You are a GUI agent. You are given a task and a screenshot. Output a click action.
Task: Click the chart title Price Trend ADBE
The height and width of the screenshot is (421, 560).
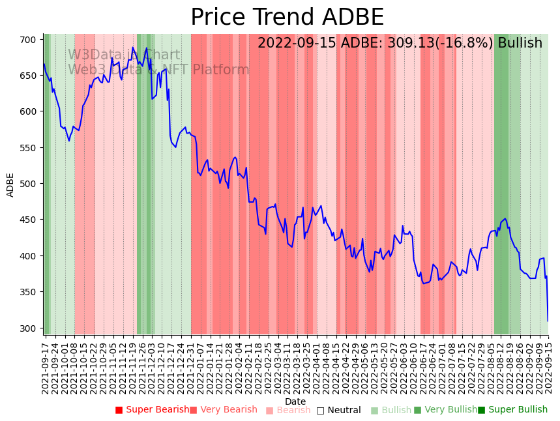pos(287,18)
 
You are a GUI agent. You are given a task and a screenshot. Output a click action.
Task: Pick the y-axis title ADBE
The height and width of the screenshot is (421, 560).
pos(10,184)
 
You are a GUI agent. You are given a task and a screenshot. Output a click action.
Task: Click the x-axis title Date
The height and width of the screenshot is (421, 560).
pos(295,401)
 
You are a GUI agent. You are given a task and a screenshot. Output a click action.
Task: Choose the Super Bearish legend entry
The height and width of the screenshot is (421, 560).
pos(152,410)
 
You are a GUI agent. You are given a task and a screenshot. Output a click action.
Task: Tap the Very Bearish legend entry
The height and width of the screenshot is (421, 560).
pos(224,410)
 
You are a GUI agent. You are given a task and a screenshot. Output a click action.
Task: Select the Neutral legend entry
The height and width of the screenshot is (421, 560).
pos(338,411)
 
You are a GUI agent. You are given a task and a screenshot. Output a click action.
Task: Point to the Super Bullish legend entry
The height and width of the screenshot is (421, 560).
pos(512,410)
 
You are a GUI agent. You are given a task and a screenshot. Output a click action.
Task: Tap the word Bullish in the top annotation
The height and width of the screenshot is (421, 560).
pos(520,43)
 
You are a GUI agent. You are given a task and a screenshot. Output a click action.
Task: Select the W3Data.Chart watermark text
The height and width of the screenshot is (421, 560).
pos(124,55)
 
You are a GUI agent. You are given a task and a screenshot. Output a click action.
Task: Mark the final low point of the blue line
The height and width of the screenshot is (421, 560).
pos(548,321)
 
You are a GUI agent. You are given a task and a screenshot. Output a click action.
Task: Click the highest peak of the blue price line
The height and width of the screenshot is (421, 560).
pos(133,47)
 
